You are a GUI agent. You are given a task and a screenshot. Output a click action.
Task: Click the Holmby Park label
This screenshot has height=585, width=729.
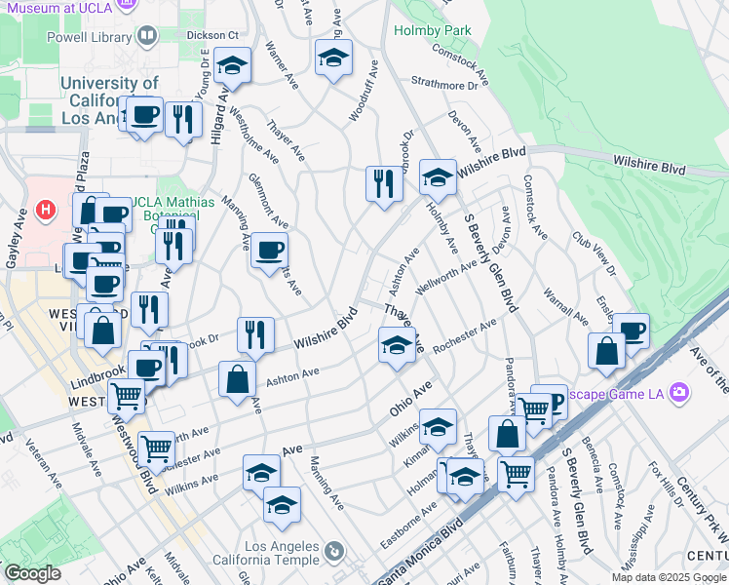432,30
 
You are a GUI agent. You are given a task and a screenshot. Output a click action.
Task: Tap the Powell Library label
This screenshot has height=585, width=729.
89,37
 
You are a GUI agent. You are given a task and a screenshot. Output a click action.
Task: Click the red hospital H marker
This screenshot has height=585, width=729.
44,209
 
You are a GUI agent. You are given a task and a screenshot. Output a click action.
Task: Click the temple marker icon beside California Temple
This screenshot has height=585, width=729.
333,552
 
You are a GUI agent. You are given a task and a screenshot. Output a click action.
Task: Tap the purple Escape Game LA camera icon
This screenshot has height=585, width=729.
679,393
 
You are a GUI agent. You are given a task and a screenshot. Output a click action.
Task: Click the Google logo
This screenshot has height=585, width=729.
32,573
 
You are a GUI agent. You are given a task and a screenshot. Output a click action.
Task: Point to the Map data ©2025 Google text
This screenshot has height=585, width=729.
669,577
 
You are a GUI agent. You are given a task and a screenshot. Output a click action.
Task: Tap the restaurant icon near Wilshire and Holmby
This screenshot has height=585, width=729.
383,182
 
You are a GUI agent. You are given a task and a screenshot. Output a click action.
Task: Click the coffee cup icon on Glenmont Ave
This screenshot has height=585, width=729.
269,250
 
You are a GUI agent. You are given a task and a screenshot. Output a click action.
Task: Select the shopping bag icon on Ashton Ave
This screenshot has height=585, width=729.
237,379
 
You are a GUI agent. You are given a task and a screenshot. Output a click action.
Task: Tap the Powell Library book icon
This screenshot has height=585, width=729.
147,37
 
